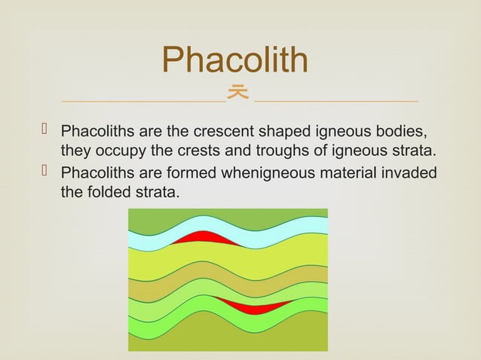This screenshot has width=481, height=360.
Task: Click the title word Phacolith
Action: tap(235, 60)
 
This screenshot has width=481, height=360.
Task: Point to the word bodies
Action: tap(405, 131)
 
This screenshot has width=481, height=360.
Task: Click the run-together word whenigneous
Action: tap(265, 173)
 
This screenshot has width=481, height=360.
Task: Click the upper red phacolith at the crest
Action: tap(201, 239)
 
